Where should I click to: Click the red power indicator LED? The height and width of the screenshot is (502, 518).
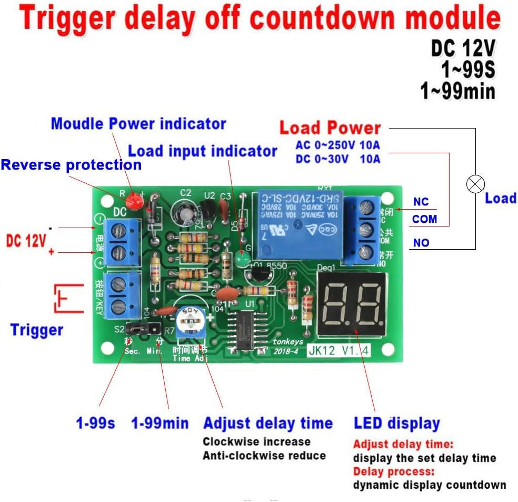[x=135, y=201]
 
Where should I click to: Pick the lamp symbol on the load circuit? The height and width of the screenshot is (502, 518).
[x=476, y=184]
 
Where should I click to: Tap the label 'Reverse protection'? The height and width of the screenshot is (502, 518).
[x=71, y=165]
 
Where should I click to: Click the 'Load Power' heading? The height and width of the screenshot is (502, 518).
[x=330, y=127]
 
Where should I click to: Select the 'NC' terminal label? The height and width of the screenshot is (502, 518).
[x=421, y=202]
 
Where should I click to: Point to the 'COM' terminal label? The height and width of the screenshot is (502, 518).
[x=424, y=219]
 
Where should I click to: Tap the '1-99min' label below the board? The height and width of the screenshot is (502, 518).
[x=160, y=423]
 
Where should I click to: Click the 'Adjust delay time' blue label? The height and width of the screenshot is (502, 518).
[x=268, y=423]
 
